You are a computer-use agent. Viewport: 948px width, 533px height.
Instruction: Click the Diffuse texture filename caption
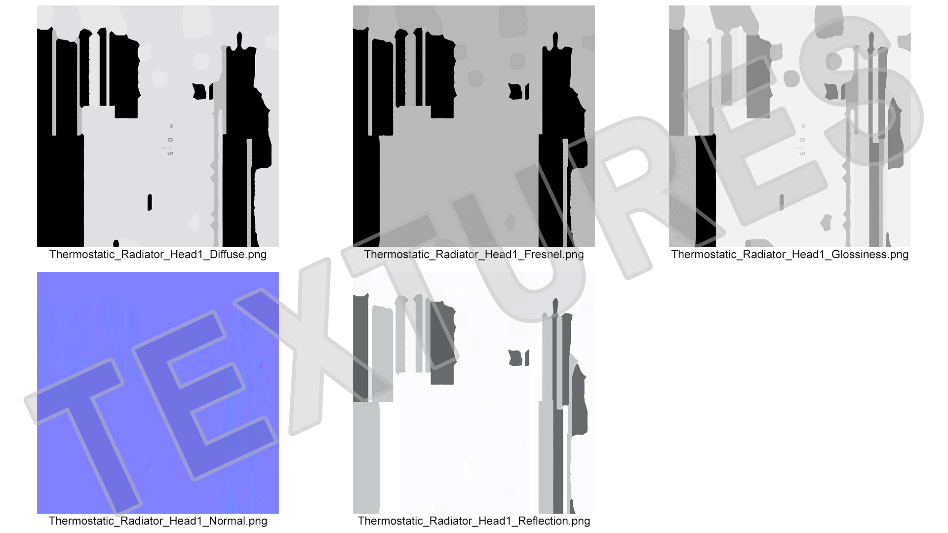click(x=158, y=255)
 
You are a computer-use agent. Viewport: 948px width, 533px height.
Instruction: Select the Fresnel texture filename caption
click(x=474, y=255)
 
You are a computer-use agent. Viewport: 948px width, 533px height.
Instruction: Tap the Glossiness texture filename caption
click(x=790, y=255)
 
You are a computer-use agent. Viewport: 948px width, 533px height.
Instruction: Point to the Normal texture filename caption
click(x=158, y=521)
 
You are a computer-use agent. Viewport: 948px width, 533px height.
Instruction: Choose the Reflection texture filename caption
click(x=474, y=521)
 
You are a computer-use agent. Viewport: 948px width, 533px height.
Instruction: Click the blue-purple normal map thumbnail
click(x=158, y=393)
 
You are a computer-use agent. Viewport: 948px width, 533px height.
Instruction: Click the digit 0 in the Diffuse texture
click(x=170, y=140)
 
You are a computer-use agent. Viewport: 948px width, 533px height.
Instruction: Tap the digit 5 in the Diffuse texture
click(x=170, y=153)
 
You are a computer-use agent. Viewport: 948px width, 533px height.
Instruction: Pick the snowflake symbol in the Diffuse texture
click(x=171, y=126)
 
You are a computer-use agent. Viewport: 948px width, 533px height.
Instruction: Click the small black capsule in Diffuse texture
click(x=150, y=202)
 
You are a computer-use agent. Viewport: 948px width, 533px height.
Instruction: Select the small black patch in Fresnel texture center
click(x=515, y=91)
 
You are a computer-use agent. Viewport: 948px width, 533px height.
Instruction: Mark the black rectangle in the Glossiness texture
click(x=705, y=191)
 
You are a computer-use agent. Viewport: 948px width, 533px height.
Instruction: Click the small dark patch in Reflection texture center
click(x=515, y=358)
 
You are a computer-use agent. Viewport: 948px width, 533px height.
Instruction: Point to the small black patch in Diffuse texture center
click(x=199, y=91)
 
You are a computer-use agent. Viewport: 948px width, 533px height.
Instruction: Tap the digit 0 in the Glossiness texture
click(x=802, y=140)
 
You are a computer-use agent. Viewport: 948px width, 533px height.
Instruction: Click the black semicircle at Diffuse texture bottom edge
click(x=116, y=244)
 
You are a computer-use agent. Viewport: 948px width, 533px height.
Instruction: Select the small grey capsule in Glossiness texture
click(x=782, y=202)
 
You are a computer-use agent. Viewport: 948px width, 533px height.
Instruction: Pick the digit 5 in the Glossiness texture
click(x=802, y=153)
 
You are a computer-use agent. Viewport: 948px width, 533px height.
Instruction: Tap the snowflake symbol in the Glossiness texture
click(x=803, y=126)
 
